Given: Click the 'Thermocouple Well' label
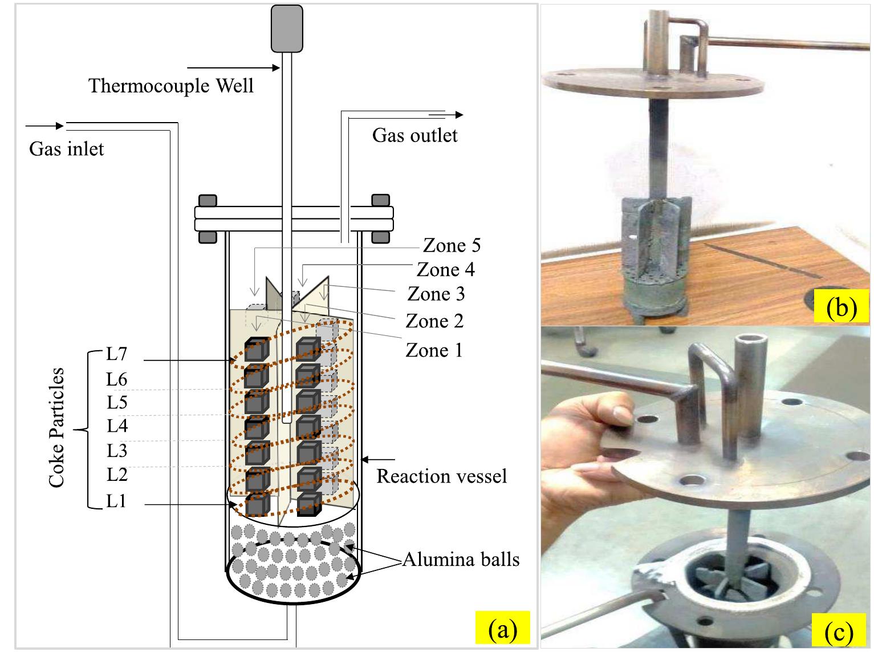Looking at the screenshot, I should (x=171, y=86).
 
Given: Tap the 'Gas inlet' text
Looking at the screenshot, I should (x=67, y=149).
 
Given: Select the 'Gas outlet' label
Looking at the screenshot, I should (x=414, y=135).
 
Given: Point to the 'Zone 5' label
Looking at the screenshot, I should (x=452, y=245).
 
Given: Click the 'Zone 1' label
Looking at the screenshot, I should (x=434, y=350).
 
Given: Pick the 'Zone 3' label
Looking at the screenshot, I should (x=436, y=294).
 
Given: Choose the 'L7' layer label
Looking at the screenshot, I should (x=116, y=354).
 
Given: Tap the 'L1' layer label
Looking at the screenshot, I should (x=116, y=501).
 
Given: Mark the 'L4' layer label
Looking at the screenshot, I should (x=117, y=426).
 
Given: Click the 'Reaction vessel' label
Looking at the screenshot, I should (x=441, y=476).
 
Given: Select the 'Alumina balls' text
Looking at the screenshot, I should (x=461, y=560).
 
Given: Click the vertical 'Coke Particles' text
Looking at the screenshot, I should (x=56, y=428).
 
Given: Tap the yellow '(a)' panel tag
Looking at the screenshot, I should (x=502, y=629).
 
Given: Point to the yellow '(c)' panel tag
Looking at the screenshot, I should (x=840, y=633).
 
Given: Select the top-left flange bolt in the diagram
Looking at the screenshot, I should (x=208, y=200).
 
